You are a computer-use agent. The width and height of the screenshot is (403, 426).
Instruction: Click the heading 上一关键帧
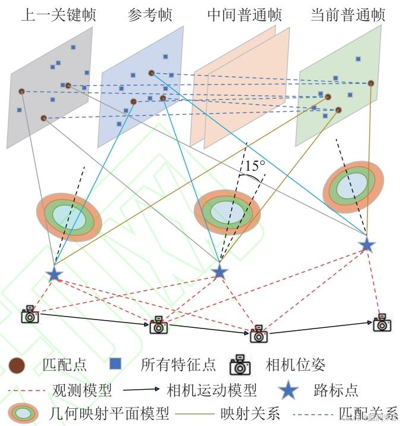58,14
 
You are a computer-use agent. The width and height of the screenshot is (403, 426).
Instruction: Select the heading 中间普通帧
244,14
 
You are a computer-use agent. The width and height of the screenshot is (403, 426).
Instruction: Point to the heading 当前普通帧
348,14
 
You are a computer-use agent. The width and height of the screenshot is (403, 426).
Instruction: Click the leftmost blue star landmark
54,274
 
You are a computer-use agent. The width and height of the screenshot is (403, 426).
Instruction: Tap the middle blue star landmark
219,272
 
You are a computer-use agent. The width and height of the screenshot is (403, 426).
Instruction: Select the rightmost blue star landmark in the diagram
367,244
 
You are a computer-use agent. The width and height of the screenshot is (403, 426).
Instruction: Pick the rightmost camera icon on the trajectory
382,322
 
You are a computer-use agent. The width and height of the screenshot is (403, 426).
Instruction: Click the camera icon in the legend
240,365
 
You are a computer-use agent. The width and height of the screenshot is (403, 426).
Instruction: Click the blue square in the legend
116,364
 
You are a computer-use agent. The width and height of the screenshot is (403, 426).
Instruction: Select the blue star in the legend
288,390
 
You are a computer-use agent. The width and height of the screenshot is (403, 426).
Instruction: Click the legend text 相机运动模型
212,390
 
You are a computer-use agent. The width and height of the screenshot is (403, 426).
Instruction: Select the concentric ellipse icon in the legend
23,412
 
